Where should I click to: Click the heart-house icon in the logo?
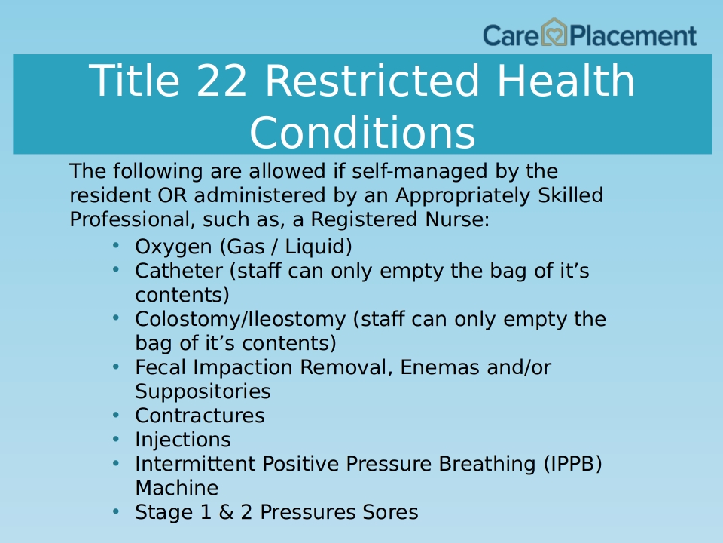554,32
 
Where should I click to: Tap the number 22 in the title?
221,81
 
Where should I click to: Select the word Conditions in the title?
362,132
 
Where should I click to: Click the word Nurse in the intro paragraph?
457,219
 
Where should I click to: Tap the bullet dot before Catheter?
116,269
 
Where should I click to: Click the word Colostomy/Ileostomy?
240,320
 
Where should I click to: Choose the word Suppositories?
203,391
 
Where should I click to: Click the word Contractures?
200,416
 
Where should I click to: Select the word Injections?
183,440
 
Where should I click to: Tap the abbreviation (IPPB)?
573,464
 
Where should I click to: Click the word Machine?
176,488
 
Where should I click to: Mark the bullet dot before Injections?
116,438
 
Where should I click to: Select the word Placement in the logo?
633,35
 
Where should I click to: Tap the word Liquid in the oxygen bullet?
318,247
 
